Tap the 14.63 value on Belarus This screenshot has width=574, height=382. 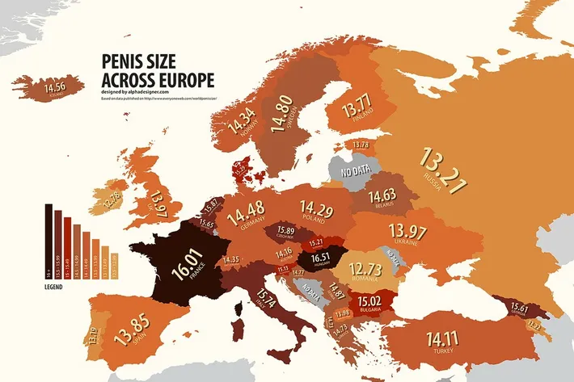[x=384, y=195]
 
